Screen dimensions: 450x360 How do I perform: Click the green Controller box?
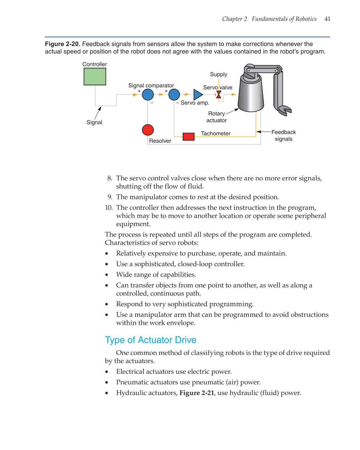95,77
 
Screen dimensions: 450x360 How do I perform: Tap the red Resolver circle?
148,130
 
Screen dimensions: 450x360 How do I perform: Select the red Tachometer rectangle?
188,137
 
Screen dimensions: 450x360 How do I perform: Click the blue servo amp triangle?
198,95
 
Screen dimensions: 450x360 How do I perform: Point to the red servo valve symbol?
219,95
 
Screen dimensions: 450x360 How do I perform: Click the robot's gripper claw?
284,110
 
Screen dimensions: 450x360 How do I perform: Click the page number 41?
327,19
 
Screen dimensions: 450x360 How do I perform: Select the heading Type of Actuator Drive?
150,340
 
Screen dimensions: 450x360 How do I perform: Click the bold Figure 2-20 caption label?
63,44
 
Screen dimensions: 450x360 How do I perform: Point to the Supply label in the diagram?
219,75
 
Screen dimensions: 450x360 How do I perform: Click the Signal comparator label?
151,85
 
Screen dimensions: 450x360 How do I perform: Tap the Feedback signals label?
283,136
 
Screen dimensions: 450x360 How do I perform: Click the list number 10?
109,208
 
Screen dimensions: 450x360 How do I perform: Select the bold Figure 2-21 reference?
197,393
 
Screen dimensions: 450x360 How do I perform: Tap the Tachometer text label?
216,134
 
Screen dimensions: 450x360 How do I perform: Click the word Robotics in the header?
306,19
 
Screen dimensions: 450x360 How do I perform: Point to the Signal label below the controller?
94,122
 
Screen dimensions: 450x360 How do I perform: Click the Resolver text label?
160,141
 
